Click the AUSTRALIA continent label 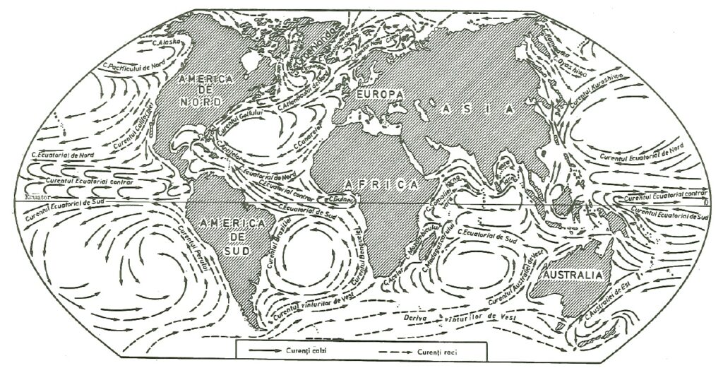571,274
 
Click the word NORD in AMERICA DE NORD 196,102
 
